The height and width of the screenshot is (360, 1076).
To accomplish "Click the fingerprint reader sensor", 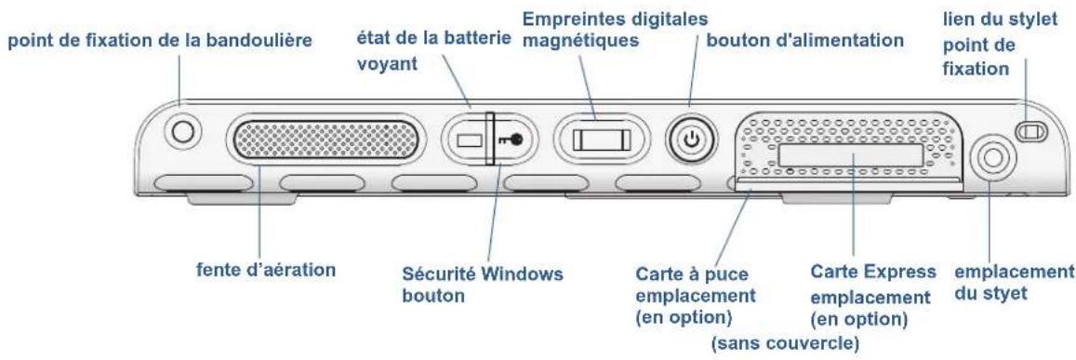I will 601,140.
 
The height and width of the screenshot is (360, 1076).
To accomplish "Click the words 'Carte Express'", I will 857,273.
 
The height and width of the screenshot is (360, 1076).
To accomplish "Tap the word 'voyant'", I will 385,67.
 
